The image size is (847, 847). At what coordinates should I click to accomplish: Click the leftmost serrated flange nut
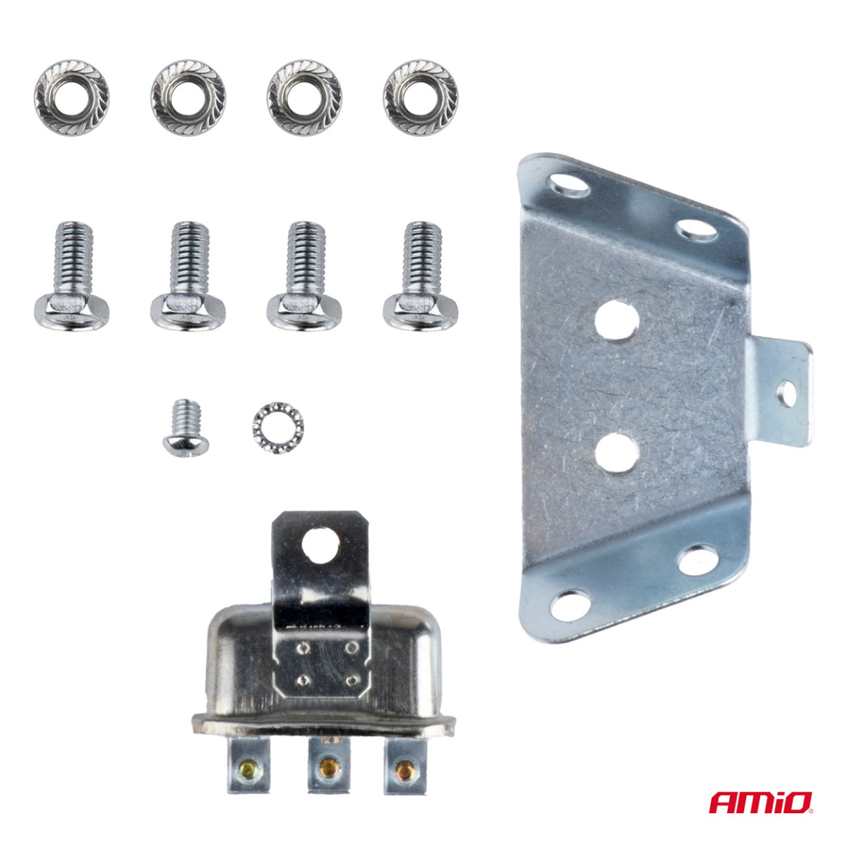coord(71,97)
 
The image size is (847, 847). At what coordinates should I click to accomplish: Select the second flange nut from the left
coord(188,97)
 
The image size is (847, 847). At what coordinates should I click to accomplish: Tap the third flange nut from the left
coord(304,97)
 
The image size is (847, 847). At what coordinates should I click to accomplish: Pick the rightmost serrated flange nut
coord(421,97)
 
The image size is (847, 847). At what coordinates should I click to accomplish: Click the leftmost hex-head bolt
coord(71,276)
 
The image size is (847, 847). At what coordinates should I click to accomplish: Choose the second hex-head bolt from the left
coord(188,276)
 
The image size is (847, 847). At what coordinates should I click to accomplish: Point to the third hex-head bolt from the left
coord(304,276)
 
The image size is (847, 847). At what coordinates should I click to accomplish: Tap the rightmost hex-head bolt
coord(421,276)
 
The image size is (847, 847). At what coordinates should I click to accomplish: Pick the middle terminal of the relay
coord(327,765)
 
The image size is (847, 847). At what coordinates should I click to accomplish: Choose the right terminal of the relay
coord(404,765)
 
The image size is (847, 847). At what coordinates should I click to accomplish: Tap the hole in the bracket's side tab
coord(786,394)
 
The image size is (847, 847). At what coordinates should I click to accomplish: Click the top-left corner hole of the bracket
coord(569,185)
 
